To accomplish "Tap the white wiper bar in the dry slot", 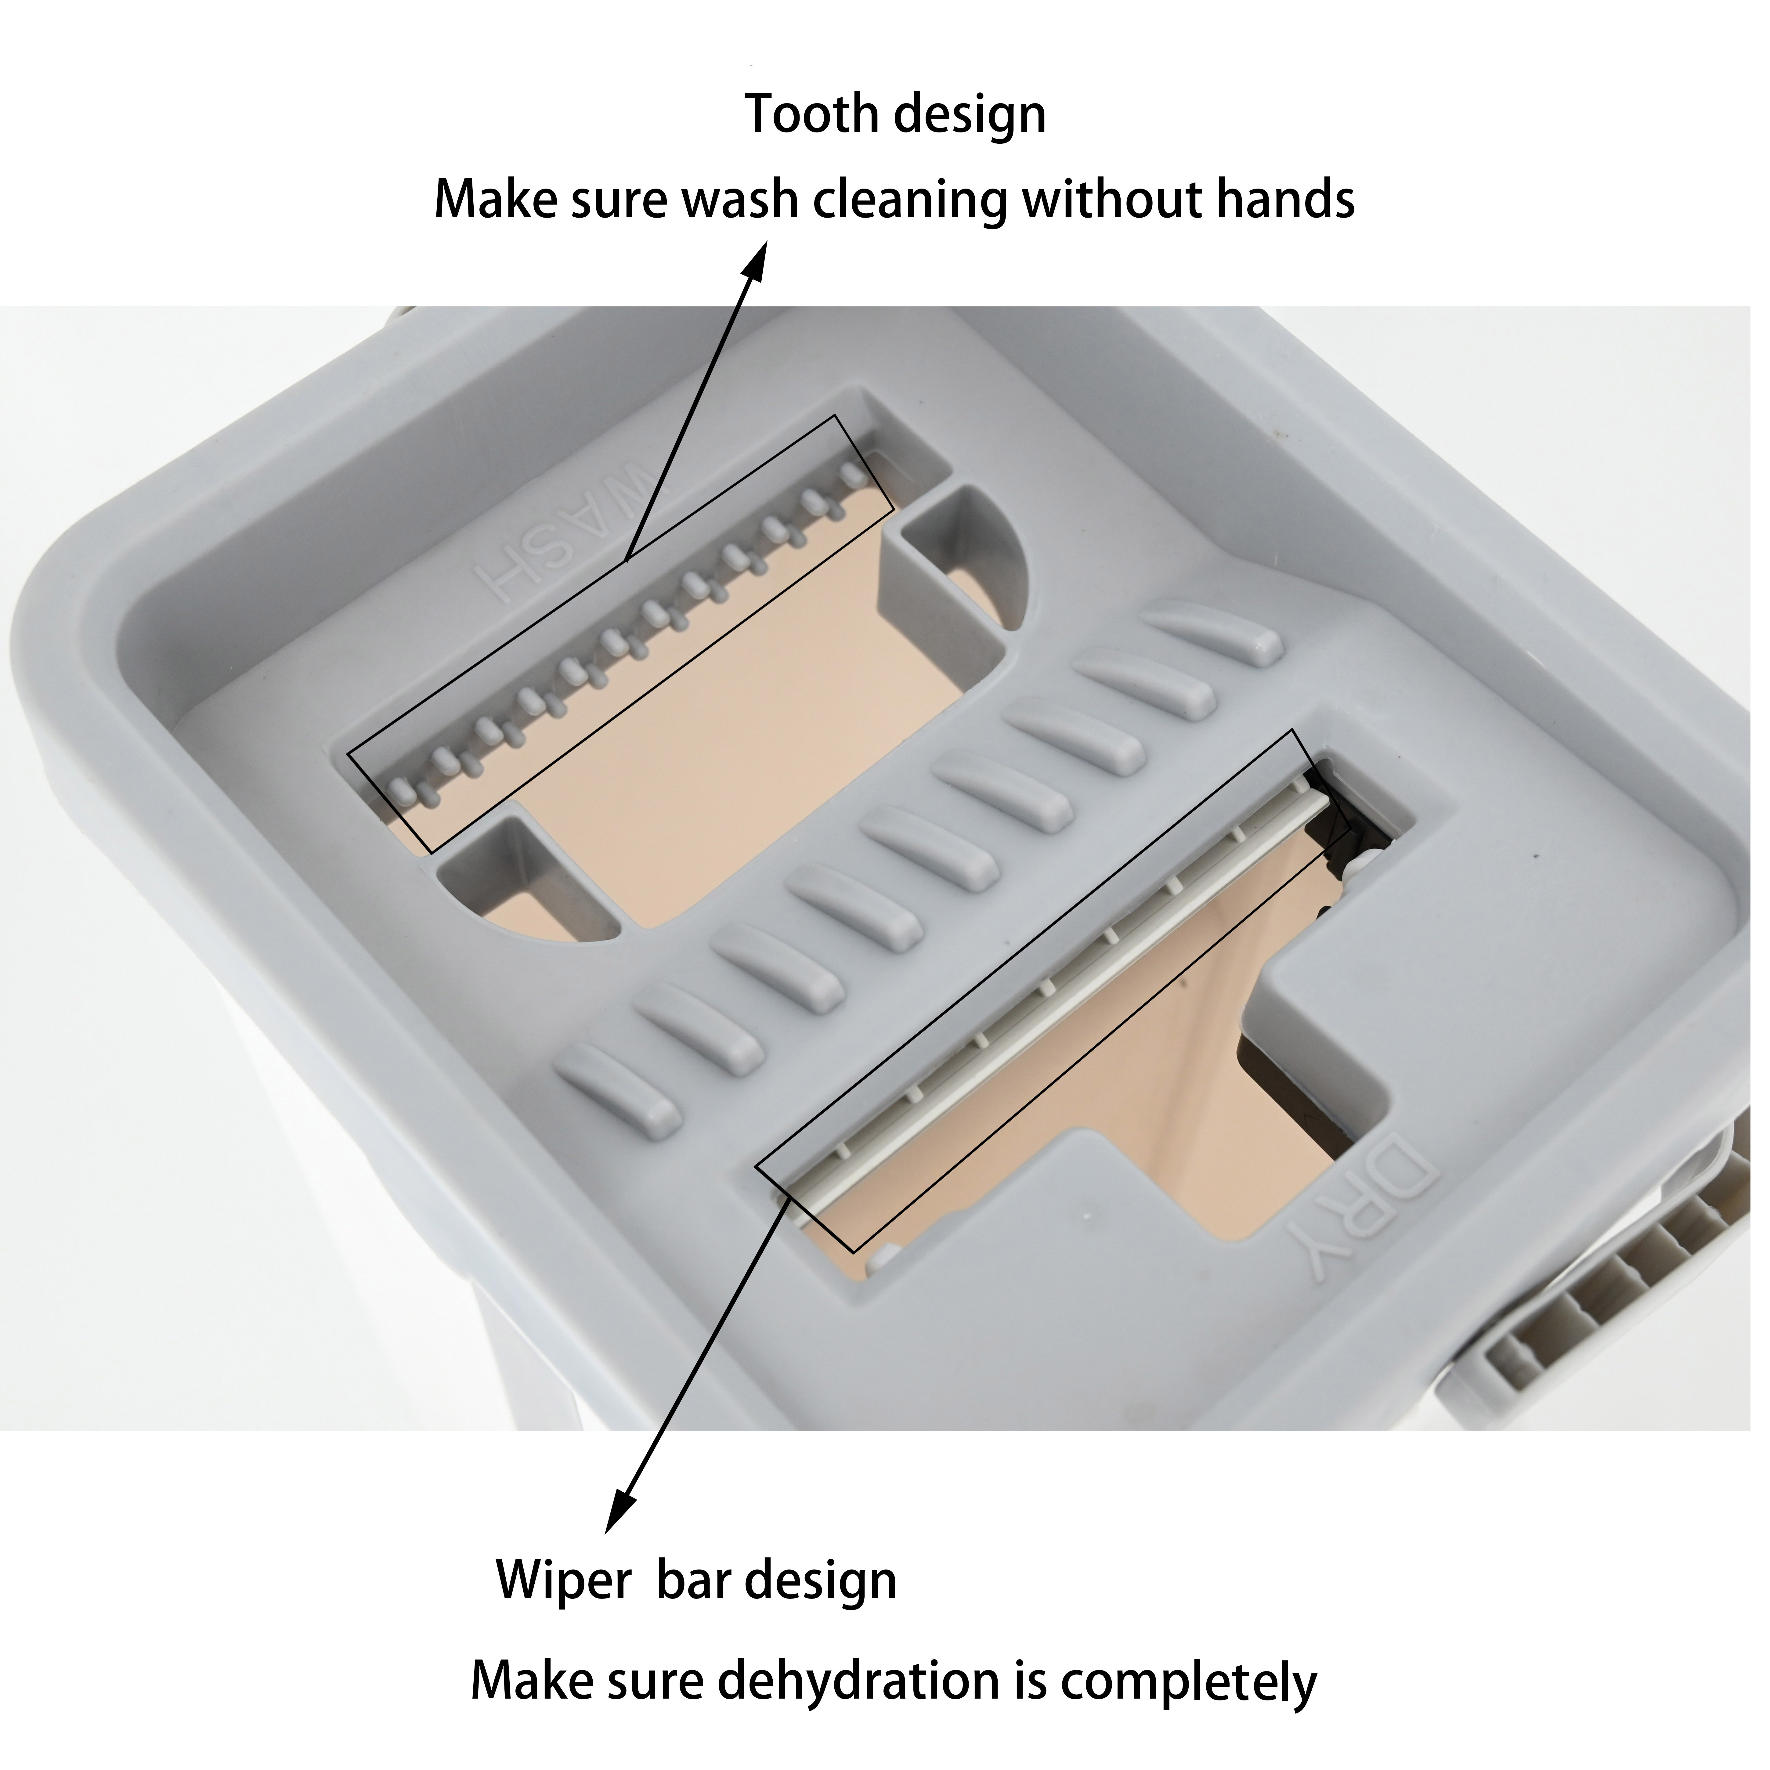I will [x=1053, y=999].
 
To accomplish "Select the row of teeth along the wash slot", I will [x=623, y=632].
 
